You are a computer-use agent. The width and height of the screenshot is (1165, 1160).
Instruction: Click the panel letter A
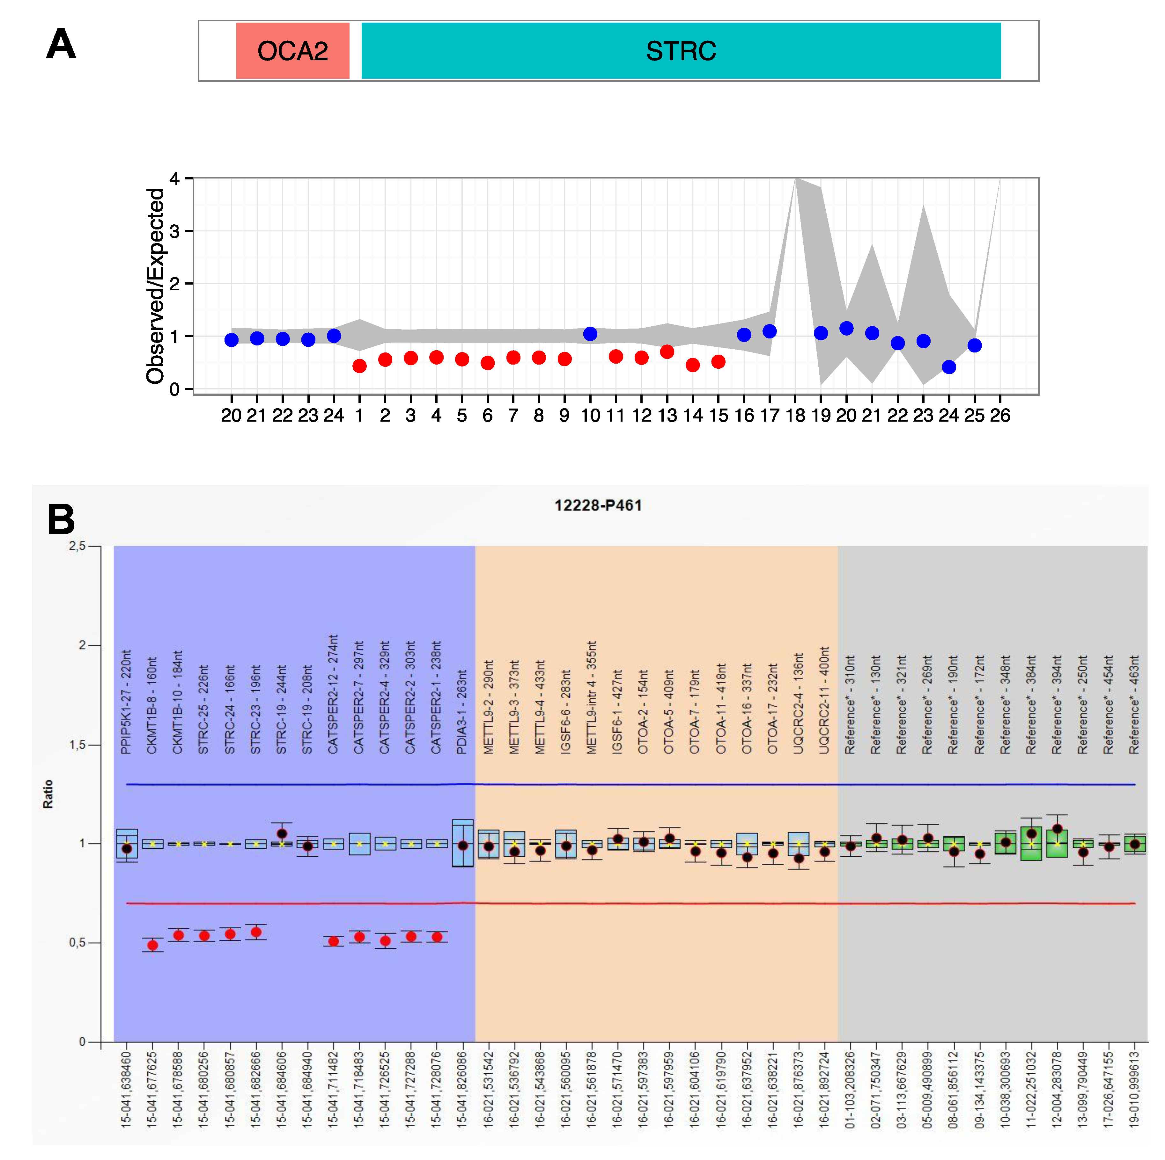(x=61, y=44)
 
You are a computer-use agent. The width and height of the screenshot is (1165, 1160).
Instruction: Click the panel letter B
(x=61, y=519)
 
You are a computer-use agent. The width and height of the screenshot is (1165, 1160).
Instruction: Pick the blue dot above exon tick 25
(x=975, y=345)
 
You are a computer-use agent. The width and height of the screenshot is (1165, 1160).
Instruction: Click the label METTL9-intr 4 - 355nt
(x=592, y=697)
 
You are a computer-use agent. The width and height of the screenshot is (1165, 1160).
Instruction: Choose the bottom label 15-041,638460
(x=126, y=1090)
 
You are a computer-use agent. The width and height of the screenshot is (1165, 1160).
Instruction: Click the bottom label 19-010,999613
(x=1134, y=1090)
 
